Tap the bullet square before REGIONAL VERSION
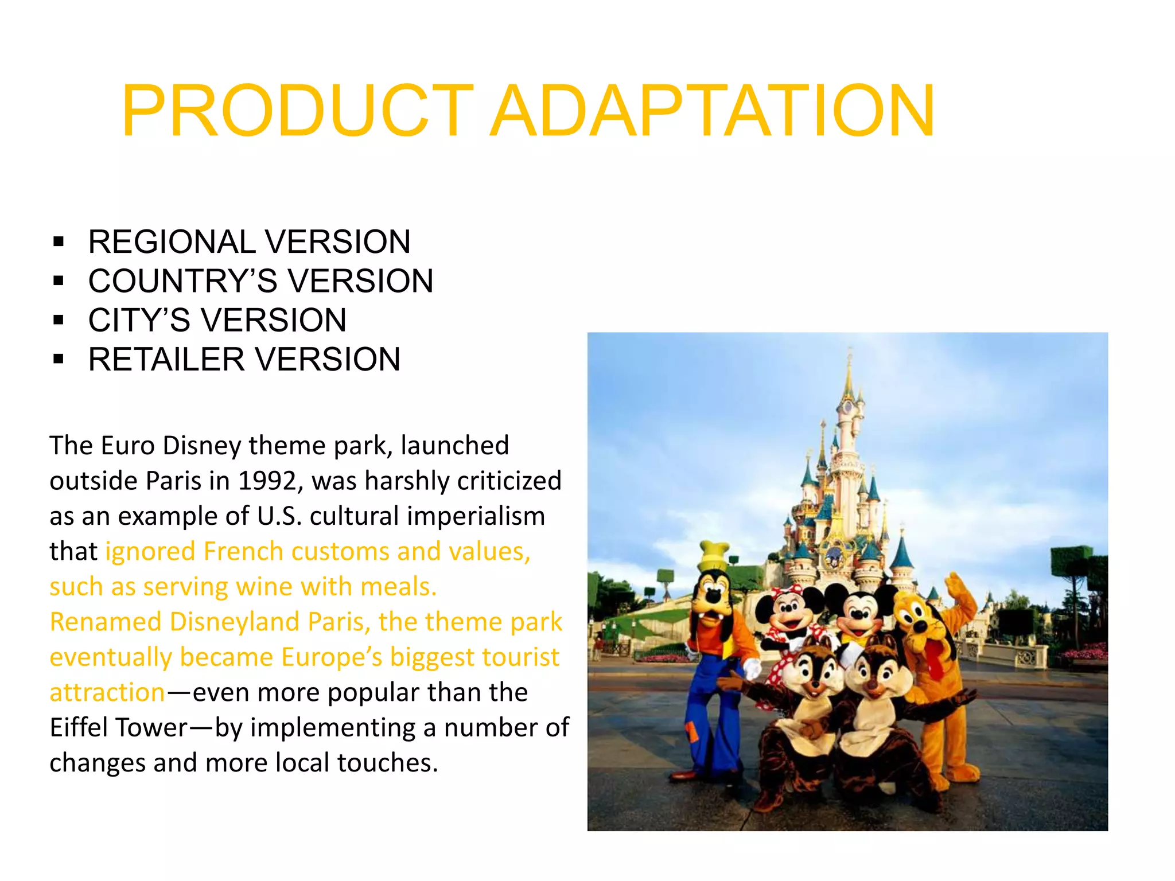pos(58,241)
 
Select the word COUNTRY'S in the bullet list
pos(183,281)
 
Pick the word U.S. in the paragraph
pos(279,516)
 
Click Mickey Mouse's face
pos(859,613)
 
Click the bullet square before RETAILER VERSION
pos(58,360)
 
